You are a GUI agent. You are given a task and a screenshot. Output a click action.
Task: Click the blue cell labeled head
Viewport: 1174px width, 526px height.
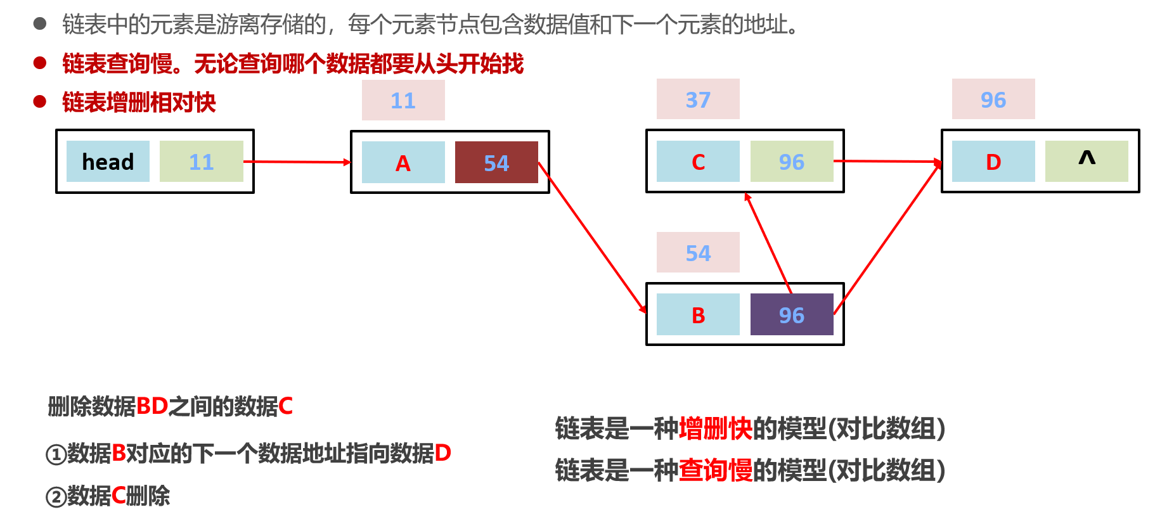tap(108, 162)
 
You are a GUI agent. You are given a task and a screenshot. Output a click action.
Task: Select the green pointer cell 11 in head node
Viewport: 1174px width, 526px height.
tap(202, 162)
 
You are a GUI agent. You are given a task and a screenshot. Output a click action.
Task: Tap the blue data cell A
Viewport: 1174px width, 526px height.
tap(403, 163)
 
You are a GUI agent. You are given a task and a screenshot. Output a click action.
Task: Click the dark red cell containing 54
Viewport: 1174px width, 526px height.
tap(496, 163)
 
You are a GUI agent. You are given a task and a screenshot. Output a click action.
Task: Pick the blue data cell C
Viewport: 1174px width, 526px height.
tap(698, 162)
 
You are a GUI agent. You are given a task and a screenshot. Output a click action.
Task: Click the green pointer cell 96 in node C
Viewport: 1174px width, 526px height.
tap(792, 162)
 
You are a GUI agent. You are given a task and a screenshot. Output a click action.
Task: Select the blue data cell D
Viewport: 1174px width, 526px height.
tap(993, 162)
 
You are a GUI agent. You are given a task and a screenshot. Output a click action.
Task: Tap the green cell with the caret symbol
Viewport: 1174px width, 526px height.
tap(1087, 162)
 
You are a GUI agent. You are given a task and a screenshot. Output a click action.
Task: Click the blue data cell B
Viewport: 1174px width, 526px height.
tap(698, 314)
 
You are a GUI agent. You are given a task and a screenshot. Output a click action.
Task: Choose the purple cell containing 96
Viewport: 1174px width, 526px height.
tap(792, 314)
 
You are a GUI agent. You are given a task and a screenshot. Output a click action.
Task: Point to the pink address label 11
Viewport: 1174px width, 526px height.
tap(403, 100)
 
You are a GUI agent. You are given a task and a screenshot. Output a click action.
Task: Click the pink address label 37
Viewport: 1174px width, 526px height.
tap(698, 99)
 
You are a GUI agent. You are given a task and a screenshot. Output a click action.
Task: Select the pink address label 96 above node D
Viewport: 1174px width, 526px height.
tap(993, 99)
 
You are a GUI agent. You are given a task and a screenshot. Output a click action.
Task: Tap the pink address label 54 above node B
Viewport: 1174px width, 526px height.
tap(698, 252)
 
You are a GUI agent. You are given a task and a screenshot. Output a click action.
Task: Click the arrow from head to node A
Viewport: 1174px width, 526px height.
tap(297, 162)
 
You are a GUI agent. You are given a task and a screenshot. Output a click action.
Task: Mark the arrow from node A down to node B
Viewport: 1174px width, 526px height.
tap(593, 238)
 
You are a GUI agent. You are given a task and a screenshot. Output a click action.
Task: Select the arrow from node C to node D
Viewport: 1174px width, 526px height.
tap(887, 162)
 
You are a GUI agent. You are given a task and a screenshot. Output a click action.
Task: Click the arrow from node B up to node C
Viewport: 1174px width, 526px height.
tap(768, 243)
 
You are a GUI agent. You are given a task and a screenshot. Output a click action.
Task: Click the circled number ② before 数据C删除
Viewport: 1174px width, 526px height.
tap(56, 497)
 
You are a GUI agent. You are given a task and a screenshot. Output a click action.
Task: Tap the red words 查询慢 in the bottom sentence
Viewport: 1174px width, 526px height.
tap(716, 470)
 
